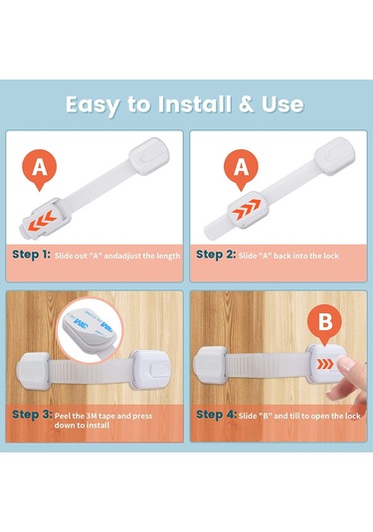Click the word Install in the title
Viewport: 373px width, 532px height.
[x=195, y=104]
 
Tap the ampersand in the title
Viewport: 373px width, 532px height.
[x=247, y=104]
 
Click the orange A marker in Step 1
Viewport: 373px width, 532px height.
[x=40, y=169]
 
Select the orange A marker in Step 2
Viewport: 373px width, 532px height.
[x=241, y=169]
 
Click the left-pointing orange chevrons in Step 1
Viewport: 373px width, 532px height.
[x=42, y=221]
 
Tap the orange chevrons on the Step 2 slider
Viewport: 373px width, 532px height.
[x=247, y=208]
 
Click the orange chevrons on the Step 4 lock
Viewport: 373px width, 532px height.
[x=325, y=364]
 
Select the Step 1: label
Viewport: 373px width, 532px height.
[x=31, y=255]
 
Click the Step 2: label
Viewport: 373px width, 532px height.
[x=216, y=255]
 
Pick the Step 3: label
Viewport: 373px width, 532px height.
[x=32, y=415]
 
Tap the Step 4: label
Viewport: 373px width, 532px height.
[x=217, y=415]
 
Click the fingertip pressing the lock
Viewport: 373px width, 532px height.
[x=346, y=365]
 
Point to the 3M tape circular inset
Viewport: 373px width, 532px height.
[x=90, y=330]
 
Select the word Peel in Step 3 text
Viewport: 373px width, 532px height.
[x=62, y=416]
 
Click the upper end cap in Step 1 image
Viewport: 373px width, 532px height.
[x=149, y=156]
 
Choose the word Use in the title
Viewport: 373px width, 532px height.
[x=282, y=104]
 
